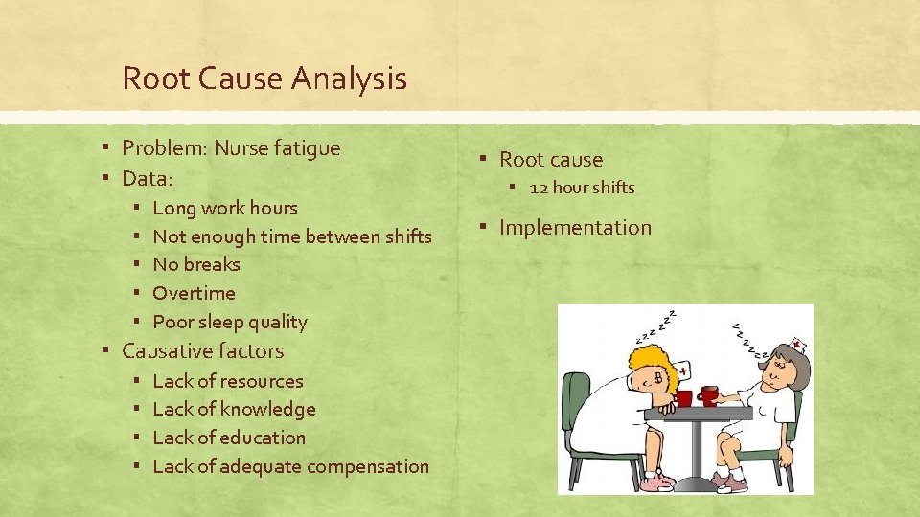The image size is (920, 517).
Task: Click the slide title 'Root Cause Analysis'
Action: tap(264, 79)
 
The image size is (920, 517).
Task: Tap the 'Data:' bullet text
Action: tap(148, 178)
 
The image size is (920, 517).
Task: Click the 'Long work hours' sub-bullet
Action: tap(225, 208)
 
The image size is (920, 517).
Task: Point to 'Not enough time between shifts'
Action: tap(292, 236)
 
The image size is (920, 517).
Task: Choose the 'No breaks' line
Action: tap(196, 264)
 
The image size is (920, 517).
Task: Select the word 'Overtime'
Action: tap(194, 293)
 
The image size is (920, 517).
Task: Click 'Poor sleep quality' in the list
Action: tap(230, 322)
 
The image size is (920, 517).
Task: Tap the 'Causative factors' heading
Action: tap(203, 351)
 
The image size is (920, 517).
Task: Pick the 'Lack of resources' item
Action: tap(228, 381)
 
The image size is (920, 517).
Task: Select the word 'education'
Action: tap(263, 438)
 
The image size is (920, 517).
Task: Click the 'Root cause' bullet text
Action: tap(551, 160)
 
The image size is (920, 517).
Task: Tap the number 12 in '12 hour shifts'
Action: tap(538, 188)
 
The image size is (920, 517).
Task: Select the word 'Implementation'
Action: tap(575, 228)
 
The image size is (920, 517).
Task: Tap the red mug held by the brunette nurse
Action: tap(709, 394)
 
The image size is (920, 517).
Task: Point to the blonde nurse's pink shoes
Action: tap(656, 483)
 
